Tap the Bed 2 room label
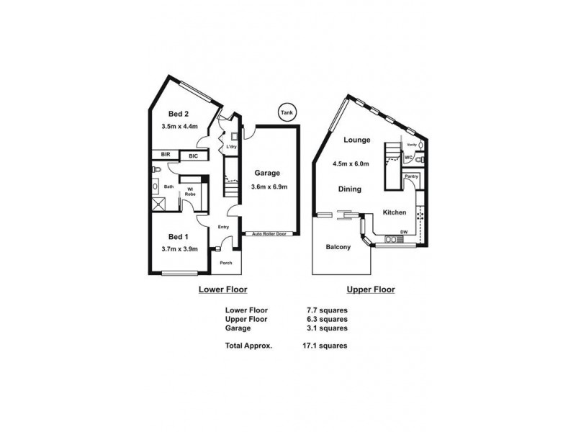179,114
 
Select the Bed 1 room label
179,237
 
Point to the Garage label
266,173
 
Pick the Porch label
225,263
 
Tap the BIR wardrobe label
165,155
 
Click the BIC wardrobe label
193,156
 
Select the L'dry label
231,148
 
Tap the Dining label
351,189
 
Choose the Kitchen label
395,212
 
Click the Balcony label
338,247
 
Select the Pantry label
411,176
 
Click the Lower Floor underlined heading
222,289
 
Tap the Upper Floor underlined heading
370,289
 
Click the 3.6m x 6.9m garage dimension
266,187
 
